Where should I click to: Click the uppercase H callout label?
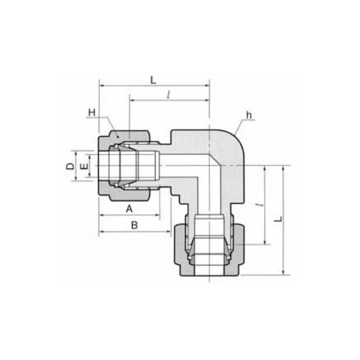(x=91, y=112)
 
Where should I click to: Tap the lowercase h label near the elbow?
(x=249, y=115)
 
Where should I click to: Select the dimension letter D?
(x=70, y=166)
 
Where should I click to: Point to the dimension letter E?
(x=85, y=166)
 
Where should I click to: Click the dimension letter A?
(x=129, y=209)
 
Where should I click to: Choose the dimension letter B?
(x=134, y=225)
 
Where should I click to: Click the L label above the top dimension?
(x=153, y=80)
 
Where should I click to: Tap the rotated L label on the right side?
(x=279, y=219)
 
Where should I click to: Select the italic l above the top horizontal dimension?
(x=168, y=95)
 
